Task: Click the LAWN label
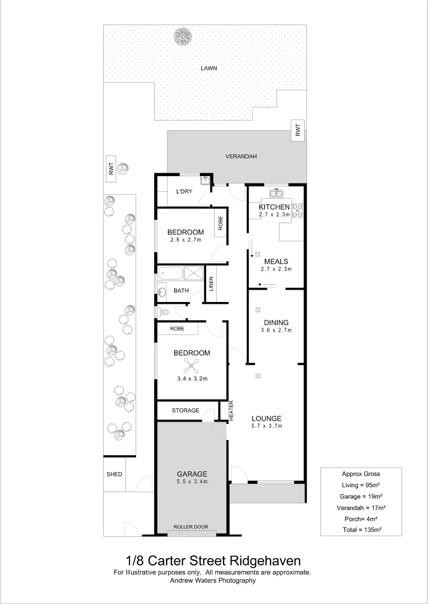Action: click(209, 68)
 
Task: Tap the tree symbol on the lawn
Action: click(183, 37)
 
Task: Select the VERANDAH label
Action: click(241, 157)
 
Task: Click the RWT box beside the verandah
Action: click(298, 130)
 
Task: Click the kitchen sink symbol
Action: click(276, 194)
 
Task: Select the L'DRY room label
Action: click(184, 192)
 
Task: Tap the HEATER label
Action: click(231, 411)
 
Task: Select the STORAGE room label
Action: click(185, 410)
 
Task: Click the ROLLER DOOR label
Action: click(191, 527)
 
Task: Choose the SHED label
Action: click(114, 474)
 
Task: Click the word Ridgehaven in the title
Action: click(263, 560)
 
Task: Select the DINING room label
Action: click(276, 323)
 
